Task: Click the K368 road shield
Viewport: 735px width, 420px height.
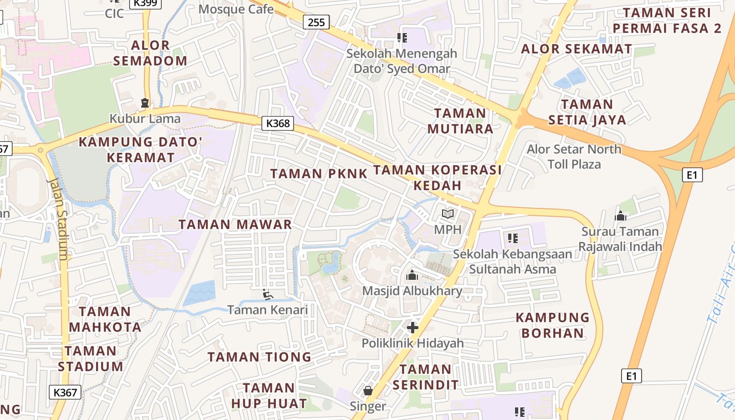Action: [x=278, y=123]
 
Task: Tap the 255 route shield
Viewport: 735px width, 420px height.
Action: [x=317, y=22]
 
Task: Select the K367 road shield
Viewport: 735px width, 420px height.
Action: [x=66, y=392]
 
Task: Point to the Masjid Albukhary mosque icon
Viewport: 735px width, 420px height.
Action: [x=413, y=275]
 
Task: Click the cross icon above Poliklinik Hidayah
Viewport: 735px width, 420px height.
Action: [x=413, y=328]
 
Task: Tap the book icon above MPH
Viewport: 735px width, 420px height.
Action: [x=448, y=214]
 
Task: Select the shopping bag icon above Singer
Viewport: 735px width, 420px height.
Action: [x=368, y=391]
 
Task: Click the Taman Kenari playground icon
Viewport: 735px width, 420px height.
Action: [x=268, y=295]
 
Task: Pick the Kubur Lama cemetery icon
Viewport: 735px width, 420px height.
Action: [x=145, y=103]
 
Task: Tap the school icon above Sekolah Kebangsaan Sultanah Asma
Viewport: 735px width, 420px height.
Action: [x=513, y=238]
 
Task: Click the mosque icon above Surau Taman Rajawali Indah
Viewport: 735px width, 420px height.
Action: [x=621, y=216]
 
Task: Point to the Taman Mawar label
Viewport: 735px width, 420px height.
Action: [x=235, y=225]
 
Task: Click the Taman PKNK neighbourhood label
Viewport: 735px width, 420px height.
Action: [x=319, y=174]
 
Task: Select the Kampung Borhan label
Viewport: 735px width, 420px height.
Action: [x=552, y=325]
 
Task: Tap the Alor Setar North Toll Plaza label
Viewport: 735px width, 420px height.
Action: [x=574, y=156]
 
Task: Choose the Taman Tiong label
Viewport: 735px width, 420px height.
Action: [x=259, y=358]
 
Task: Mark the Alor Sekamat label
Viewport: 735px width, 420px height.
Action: [x=576, y=49]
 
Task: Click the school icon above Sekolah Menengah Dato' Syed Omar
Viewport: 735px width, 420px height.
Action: [x=402, y=37]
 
